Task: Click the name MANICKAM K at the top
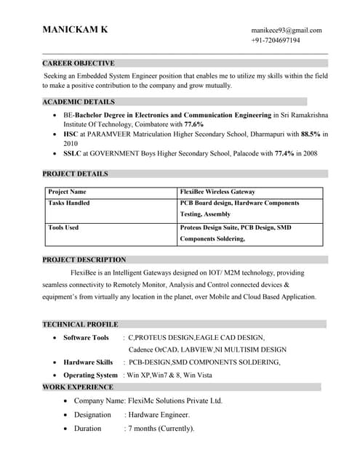75,30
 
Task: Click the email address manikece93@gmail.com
286,30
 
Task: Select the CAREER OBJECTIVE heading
78,63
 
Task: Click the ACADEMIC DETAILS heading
78,102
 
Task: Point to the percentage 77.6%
193,124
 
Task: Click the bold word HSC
71,134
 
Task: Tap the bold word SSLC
73,153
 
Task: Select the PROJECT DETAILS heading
75,174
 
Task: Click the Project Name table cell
67,192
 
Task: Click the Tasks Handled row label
69,203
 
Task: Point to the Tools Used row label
63,227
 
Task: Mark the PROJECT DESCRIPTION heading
84,259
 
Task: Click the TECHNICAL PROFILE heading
80,324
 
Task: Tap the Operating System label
90,375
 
